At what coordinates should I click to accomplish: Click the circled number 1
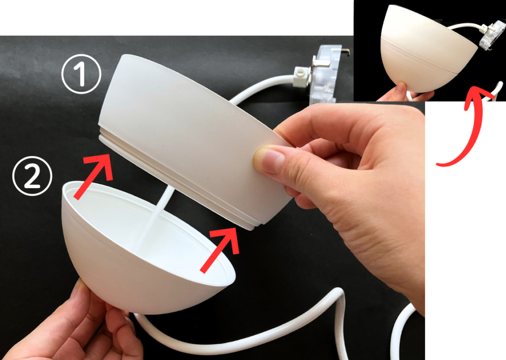81,74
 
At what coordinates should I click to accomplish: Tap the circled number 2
32,176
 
